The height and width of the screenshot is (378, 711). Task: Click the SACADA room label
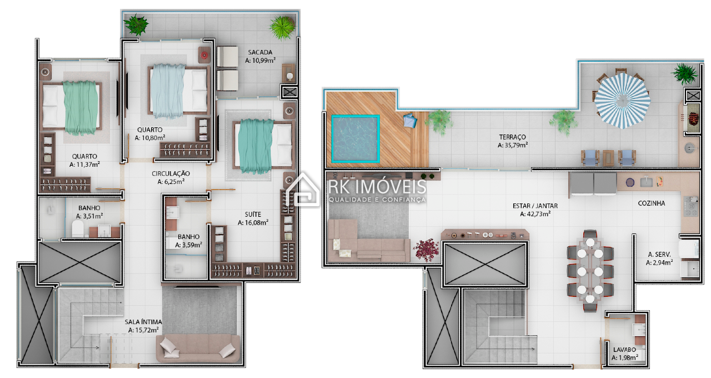[260, 52]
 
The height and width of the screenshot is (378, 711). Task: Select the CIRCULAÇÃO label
[171, 173]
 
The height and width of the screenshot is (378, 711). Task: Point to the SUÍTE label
[253, 215]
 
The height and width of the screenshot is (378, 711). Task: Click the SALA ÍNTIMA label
[143, 322]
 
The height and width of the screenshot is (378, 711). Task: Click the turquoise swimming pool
[355, 139]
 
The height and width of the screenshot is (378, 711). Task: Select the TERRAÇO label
[512, 137]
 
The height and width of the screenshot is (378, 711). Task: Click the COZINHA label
[652, 203]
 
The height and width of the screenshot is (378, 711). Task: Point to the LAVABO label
[624, 350]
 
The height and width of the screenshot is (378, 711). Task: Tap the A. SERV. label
[659, 255]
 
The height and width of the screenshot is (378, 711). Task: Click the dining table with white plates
[590, 271]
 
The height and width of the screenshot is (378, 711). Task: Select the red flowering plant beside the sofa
[425, 250]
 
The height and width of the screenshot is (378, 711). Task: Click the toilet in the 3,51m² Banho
[78, 228]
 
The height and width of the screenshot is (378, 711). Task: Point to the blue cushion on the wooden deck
[410, 121]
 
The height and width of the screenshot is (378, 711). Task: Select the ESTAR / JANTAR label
[535, 206]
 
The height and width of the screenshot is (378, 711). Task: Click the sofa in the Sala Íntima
[198, 348]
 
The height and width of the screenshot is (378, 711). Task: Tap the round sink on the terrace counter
[689, 148]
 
